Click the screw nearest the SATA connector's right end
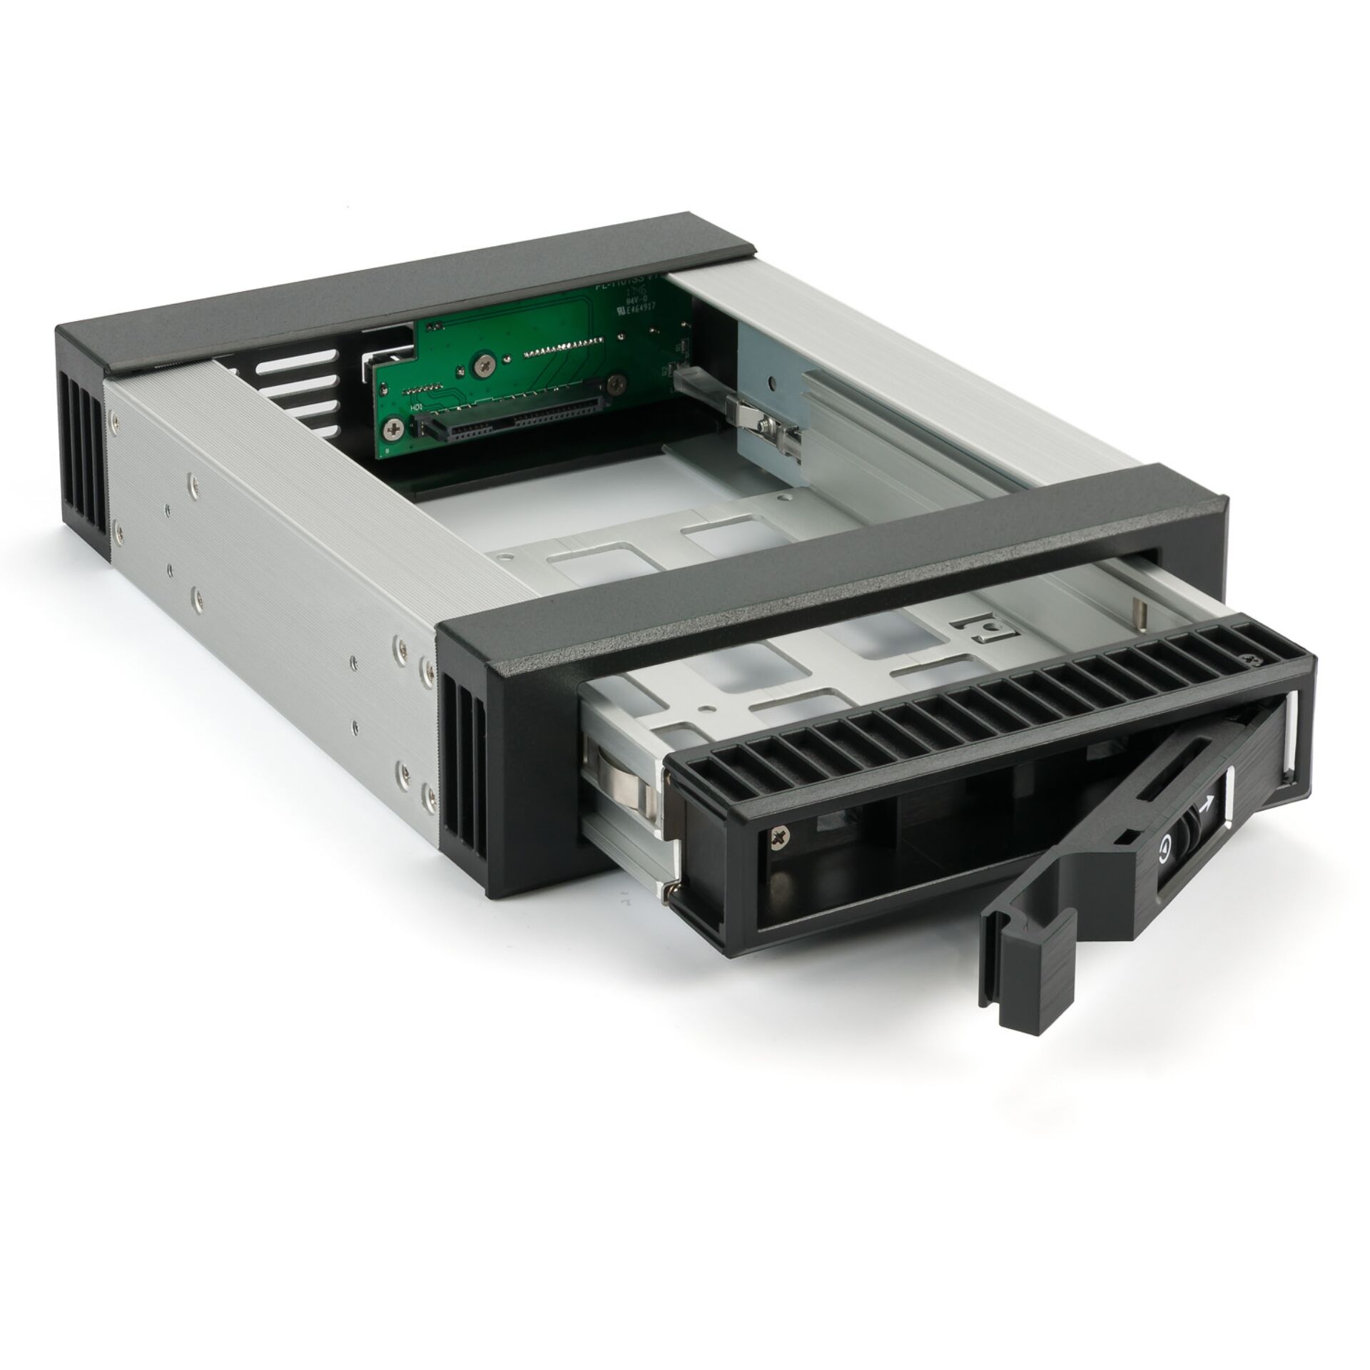point(612,385)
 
